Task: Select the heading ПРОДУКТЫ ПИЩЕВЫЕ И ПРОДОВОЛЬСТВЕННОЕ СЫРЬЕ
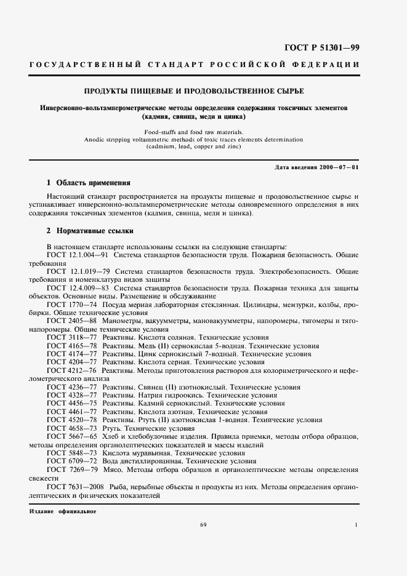(203, 92)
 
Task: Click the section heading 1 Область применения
(89, 183)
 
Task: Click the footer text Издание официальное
(63, 511)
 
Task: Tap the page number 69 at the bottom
(203, 524)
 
